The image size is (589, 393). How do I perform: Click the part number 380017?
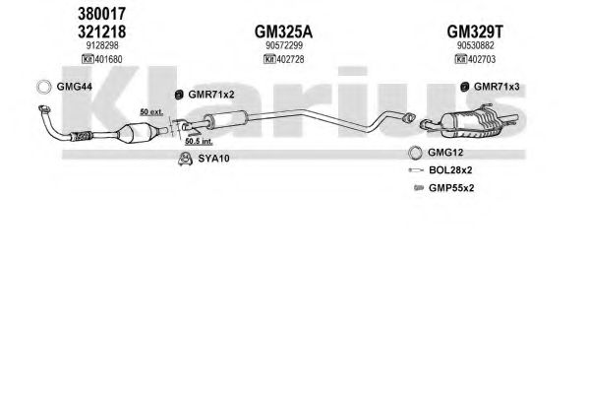(101, 14)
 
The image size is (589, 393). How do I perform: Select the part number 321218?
(101, 32)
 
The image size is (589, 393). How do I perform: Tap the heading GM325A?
(283, 32)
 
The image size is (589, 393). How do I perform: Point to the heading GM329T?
(475, 32)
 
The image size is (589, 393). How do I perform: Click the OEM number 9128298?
(102, 45)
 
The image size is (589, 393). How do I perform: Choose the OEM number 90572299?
(284, 45)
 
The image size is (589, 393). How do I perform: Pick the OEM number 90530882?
(475, 45)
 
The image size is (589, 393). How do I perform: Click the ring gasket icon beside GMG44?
(44, 87)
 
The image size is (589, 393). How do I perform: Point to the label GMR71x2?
(211, 95)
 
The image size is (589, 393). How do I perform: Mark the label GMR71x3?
(497, 87)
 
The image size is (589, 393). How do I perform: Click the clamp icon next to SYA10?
(185, 159)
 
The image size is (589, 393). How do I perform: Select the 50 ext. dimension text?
(151, 112)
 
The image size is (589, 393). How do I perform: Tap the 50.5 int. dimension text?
(199, 142)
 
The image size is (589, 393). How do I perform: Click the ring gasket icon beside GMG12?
(415, 153)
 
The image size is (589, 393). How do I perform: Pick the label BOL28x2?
(450, 170)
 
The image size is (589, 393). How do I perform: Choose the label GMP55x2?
(451, 188)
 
